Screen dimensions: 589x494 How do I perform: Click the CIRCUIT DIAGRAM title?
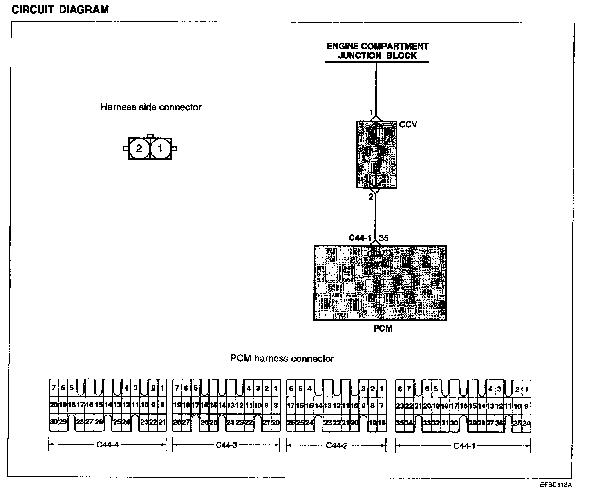click(60, 10)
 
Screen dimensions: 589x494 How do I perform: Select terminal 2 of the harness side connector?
click(139, 149)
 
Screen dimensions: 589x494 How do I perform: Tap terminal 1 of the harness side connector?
click(160, 149)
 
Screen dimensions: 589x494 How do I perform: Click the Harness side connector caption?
click(151, 107)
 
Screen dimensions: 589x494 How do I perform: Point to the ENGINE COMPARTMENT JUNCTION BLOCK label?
click(378, 51)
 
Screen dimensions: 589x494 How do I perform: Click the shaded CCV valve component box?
click(376, 154)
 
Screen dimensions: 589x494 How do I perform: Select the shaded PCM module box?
click(380, 283)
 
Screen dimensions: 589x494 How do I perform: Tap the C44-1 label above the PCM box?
click(360, 238)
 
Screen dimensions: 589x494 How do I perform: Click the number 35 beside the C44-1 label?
click(384, 238)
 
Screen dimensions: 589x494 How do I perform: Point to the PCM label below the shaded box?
click(383, 328)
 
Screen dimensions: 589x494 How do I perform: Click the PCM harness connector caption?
click(282, 359)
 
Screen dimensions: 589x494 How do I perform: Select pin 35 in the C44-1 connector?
click(400, 423)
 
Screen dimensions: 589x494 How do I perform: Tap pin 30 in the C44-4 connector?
click(53, 422)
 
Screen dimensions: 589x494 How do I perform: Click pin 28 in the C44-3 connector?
click(177, 422)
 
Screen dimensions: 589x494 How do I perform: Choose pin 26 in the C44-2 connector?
click(291, 423)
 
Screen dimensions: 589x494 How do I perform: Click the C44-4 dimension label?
click(107, 445)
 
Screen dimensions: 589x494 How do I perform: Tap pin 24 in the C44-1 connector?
click(526, 423)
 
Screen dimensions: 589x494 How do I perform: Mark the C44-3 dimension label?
click(226, 445)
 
